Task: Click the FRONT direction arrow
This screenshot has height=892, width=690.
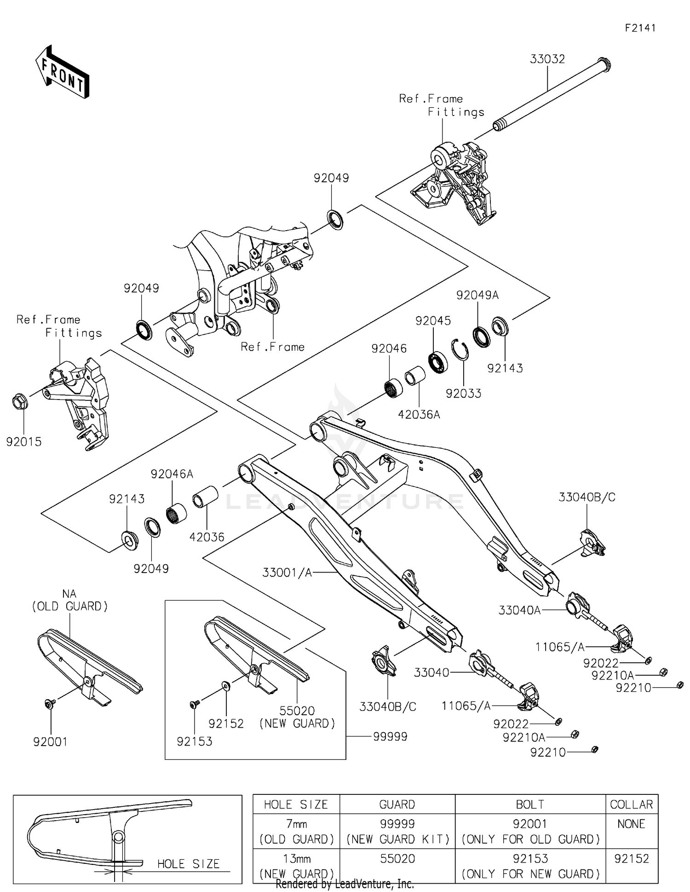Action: pos(62,73)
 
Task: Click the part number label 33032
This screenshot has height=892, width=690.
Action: pos(547,59)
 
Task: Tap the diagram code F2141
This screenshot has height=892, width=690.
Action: pos(640,28)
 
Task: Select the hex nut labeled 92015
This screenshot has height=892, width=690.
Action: pos(20,402)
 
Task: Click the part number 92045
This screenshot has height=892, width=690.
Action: pos(433,321)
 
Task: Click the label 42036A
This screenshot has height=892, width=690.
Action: pos(419,415)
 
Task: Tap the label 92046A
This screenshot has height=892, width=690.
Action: pos(172,474)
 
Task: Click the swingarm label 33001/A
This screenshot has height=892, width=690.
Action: pos(287,573)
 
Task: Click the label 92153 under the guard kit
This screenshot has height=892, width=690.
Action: pos(194,741)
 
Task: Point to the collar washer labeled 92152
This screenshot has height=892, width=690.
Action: pos(226,686)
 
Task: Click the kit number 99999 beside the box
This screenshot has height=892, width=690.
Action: pos(390,737)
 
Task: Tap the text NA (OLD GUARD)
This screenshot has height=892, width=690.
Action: pos(69,600)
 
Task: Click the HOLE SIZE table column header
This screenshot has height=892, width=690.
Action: pos(296,805)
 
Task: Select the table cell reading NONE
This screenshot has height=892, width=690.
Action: pos(631,824)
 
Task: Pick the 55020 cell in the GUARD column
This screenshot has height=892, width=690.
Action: pos(397,859)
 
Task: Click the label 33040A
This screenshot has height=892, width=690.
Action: pos(519,610)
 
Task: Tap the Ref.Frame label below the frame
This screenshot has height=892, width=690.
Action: pos(272,347)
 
